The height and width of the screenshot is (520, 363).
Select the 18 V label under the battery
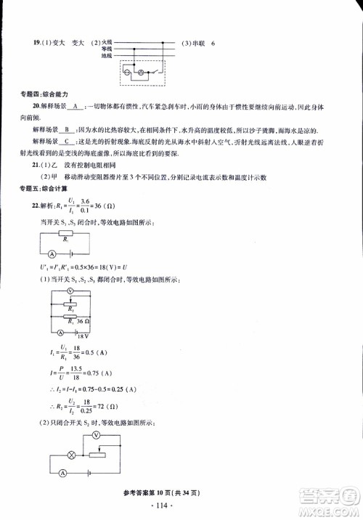[x=70, y=338]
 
